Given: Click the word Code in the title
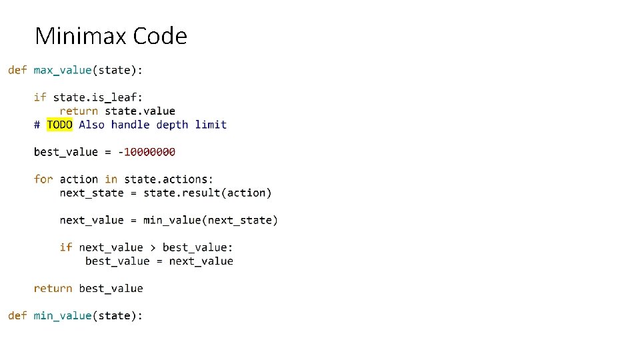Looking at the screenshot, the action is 160,35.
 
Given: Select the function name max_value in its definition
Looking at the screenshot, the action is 63,69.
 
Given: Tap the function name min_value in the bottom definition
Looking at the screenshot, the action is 63,315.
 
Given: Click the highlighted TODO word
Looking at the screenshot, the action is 59,125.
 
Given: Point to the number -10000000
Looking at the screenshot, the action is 147,152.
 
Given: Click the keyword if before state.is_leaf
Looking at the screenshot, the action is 40,97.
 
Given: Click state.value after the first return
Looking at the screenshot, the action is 140,111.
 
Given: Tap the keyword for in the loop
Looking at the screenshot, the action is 43,179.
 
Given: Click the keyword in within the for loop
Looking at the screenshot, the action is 111,179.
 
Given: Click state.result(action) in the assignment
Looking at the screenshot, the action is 207,193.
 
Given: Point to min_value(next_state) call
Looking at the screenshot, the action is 211,220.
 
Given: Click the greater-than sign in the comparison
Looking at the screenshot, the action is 153,247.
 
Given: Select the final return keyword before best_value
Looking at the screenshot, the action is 53,289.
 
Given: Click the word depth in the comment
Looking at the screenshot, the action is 172,125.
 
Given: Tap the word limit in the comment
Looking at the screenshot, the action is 211,125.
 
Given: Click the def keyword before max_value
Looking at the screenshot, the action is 17,69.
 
